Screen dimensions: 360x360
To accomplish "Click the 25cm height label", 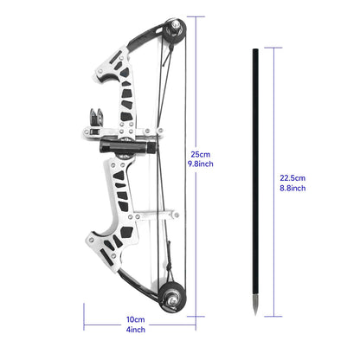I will click(200, 154).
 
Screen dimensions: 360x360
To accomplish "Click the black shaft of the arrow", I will click(257, 173).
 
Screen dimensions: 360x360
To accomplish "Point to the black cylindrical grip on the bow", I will click(120, 142).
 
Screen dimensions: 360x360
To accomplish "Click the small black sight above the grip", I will click(96, 115).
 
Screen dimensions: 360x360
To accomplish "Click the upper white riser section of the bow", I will click(117, 82).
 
